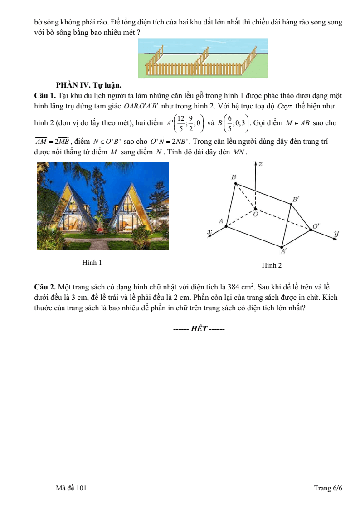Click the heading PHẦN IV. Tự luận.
88,85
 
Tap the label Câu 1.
45,96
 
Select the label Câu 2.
45,287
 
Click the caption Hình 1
92,263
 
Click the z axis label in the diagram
260,164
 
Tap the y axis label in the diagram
336,234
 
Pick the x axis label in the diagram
209,232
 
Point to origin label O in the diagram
255,214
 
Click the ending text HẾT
199,329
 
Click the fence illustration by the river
203,59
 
